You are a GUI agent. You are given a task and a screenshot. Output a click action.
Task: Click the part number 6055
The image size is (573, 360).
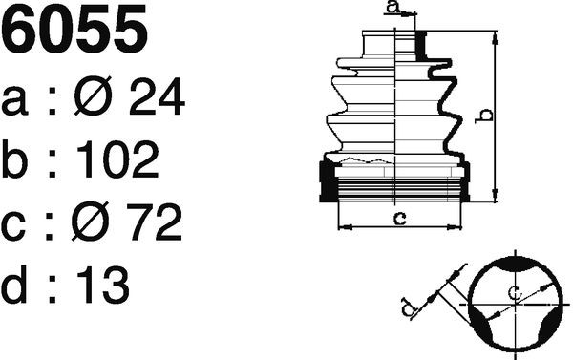click(74, 29)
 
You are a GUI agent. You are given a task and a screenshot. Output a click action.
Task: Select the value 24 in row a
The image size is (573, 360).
click(157, 96)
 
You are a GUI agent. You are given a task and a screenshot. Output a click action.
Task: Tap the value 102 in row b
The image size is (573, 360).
click(117, 159)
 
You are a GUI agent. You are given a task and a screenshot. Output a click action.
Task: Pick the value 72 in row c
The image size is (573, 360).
click(154, 222)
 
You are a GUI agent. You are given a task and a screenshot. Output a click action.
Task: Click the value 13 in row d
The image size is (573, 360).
click(103, 285)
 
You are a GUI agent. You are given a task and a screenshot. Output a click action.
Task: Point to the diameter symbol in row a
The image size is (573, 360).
click(93, 95)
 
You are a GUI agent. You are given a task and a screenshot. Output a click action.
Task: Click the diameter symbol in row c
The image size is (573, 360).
click(91, 222)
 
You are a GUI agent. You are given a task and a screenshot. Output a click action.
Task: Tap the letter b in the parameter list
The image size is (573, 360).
click(14, 159)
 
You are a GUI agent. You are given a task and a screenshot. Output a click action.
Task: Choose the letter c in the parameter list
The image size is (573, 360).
click(13, 226)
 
